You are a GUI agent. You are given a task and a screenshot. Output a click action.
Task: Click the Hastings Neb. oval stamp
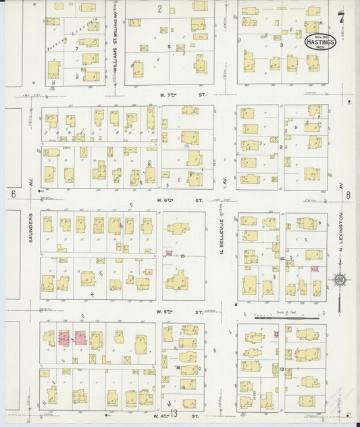pyautogui.click(x=319, y=42)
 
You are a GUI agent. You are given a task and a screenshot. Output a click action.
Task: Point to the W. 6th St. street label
pyautogui.click(x=178, y=201)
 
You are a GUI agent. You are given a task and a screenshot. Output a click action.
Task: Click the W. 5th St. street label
pyautogui.click(x=179, y=312)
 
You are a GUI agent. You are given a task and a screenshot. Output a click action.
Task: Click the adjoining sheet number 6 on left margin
pyautogui.click(x=13, y=194)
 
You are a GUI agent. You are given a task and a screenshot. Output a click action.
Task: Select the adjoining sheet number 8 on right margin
pyautogui.click(x=349, y=195)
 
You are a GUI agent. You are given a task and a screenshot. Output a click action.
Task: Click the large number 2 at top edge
pyautogui.click(x=160, y=9)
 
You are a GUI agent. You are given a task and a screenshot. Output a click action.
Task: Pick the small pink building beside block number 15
pyautogui.click(x=169, y=253)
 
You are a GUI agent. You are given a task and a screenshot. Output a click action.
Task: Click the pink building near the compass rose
pyautogui.click(x=314, y=268)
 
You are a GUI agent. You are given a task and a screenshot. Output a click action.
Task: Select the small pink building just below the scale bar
pyautogui.click(x=276, y=334)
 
